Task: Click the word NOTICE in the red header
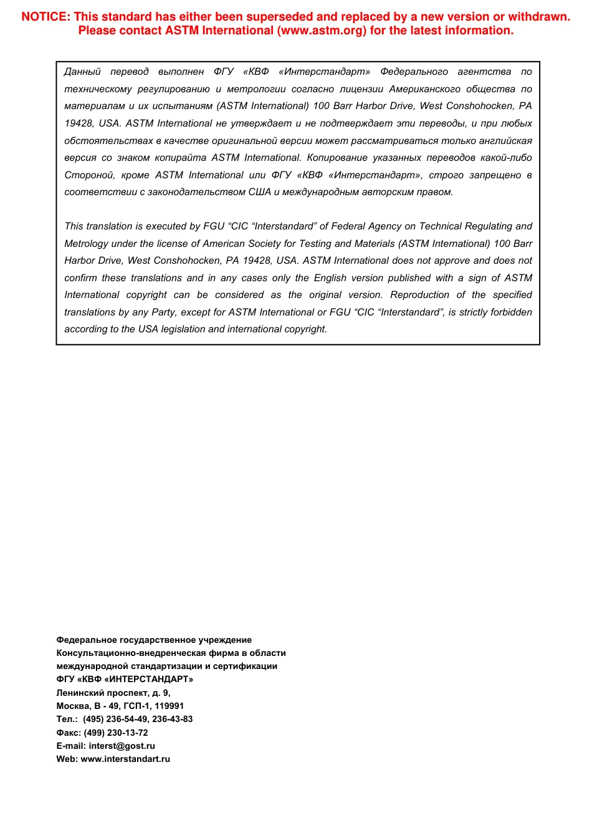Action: pos(45,17)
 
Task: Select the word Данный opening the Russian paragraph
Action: pos(82,72)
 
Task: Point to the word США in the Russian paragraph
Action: pos(259,192)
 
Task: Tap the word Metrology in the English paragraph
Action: pos(86,244)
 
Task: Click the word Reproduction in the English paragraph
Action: pos(419,295)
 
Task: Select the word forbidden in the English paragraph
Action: pos(510,312)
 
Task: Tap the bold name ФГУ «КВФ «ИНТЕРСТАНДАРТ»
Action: pos(125,680)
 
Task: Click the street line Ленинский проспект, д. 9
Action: pos(113,693)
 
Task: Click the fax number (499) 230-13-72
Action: pos(116,733)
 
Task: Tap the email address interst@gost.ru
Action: pos(122,746)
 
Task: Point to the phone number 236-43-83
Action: pos(173,720)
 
